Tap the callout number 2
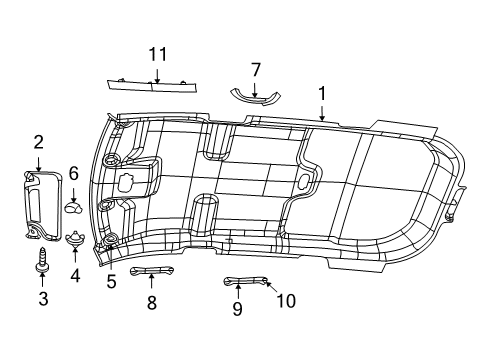[x=38, y=142]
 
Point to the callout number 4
[x=75, y=274]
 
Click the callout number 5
[x=111, y=282]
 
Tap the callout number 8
[x=151, y=302]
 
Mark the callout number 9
[x=237, y=309]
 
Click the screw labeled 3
[x=42, y=258]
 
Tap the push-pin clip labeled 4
[x=75, y=239]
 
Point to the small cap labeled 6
[x=73, y=208]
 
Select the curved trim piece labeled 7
[x=256, y=96]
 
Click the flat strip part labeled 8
[x=151, y=271]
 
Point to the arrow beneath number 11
[x=156, y=72]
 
